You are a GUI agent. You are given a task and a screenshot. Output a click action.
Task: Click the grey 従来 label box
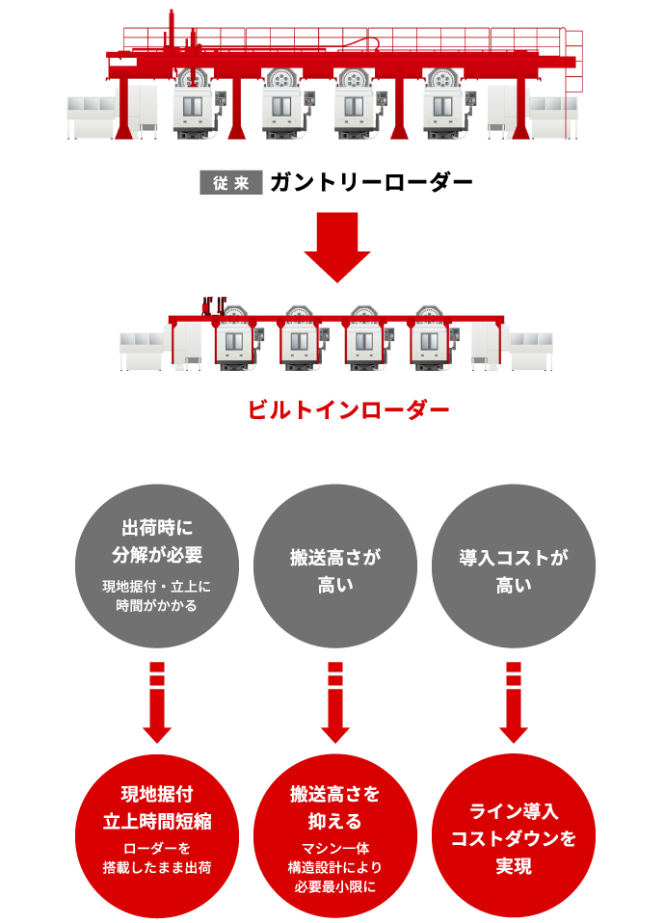231,182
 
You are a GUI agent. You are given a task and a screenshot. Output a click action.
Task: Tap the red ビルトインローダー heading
348,409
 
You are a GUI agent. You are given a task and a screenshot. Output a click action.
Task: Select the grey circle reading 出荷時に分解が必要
157,566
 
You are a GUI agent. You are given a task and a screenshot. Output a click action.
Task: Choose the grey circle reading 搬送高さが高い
335,566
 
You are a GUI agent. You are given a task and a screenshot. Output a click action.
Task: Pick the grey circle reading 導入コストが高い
514,566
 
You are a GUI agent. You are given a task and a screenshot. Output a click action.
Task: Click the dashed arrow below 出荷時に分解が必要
157,702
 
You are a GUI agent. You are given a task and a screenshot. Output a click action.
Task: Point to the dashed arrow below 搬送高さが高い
335,702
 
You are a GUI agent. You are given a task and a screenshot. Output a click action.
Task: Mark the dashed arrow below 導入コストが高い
514,702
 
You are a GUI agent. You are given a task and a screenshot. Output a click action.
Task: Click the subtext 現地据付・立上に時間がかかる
157,596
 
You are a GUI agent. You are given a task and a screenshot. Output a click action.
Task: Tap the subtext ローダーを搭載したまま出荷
157,857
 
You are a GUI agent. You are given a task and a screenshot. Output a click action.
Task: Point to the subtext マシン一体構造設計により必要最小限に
335,867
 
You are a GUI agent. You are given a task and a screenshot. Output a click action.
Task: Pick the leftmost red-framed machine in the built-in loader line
234,340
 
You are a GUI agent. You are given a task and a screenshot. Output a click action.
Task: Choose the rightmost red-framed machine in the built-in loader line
430,340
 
